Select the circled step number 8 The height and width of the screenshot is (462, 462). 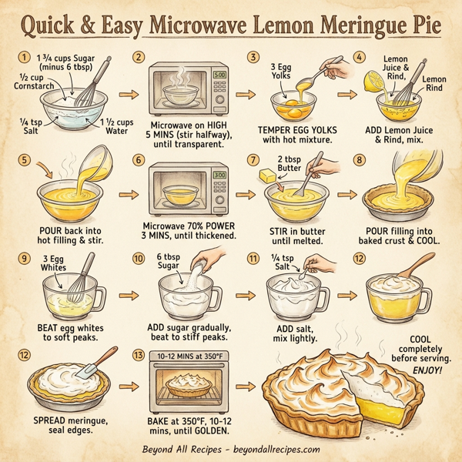pos(359,160)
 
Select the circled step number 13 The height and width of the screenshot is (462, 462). pos(138,356)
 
